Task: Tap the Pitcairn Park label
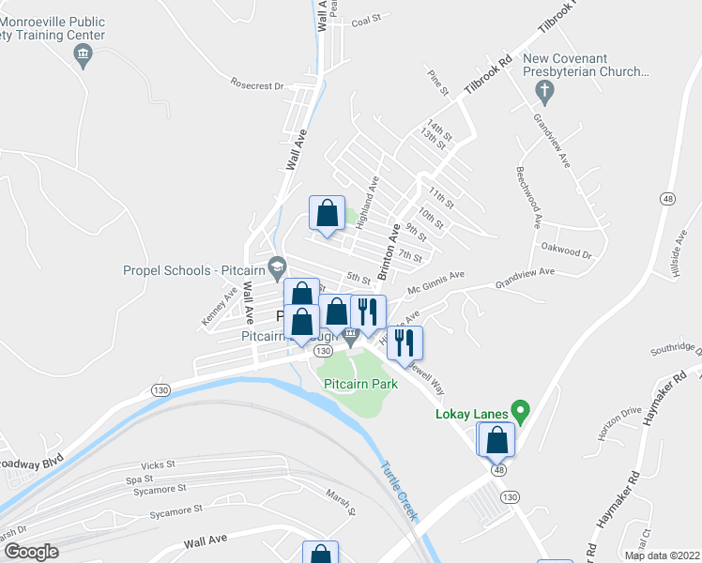(361, 384)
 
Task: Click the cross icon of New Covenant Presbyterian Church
(543, 92)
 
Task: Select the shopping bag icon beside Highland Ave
(327, 213)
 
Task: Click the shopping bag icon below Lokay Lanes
(496, 438)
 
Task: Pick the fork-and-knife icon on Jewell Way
(406, 342)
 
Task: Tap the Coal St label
(365, 17)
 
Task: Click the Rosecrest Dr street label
(256, 85)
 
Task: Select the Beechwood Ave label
(528, 197)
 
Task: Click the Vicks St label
(158, 464)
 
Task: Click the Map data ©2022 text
(662, 555)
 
